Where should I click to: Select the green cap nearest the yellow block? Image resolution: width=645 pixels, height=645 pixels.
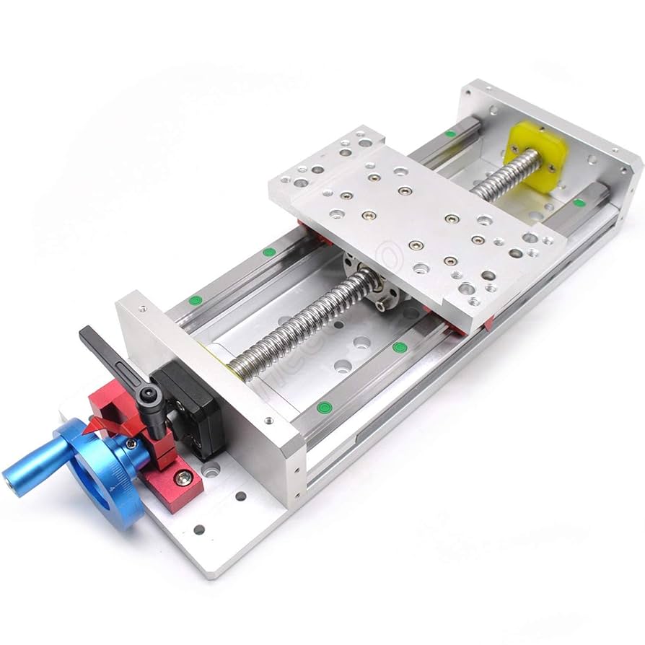[x=451, y=133]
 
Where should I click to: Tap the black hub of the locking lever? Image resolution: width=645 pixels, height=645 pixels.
[x=150, y=394]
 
